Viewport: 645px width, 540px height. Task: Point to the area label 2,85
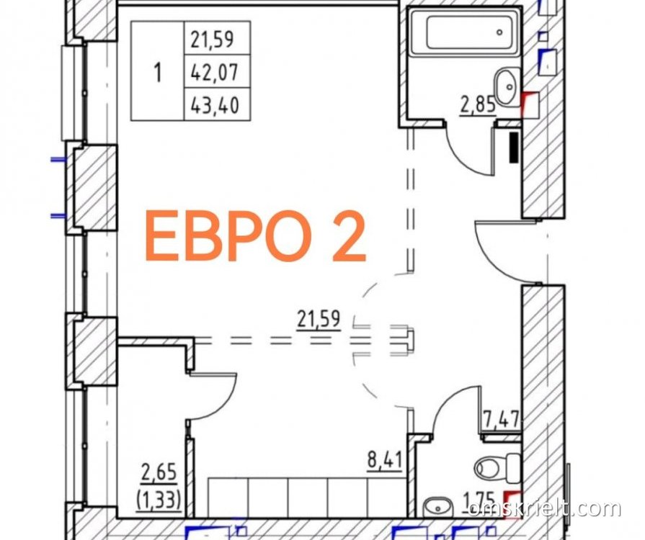(x=478, y=106)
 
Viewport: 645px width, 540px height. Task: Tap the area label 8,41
(x=384, y=459)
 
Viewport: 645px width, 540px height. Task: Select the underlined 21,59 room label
(x=319, y=320)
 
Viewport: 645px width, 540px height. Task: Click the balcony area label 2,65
(x=159, y=472)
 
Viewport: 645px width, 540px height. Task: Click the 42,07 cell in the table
(x=215, y=73)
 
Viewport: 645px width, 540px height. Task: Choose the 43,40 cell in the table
(x=215, y=106)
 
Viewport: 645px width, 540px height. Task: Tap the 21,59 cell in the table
(x=213, y=40)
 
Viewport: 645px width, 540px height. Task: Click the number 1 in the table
(x=157, y=73)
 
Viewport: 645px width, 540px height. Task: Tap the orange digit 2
(x=349, y=236)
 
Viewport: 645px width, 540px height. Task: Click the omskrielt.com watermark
(x=544, y=509)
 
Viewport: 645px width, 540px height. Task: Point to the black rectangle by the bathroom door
(x=514, y=147)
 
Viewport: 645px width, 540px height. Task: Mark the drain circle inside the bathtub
(x=500, y=32)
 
